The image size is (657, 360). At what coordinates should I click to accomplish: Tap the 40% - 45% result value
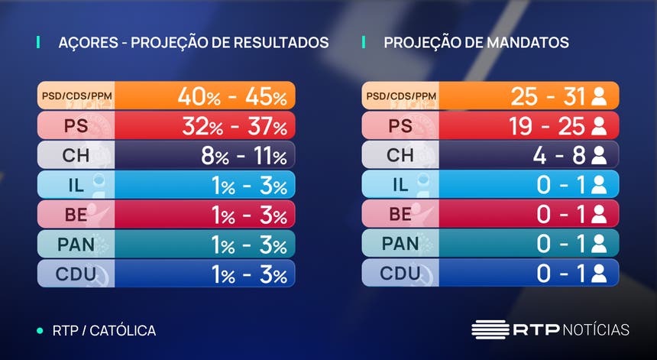click(x=231, y=96)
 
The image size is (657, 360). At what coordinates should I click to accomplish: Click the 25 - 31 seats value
click(x=548, y=96)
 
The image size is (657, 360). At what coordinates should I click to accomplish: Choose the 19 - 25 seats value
click(x=547, y=126)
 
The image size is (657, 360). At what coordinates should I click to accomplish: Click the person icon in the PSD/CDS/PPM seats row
click(x=599, y=97)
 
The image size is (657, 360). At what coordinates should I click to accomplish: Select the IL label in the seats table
click(x=400, y=185)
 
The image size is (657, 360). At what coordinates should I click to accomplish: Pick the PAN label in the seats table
click(x=400, y=244)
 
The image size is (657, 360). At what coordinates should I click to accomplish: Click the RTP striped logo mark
click(x=489, y=330)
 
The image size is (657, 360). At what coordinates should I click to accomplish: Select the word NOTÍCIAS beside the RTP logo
click(x=596, y=330)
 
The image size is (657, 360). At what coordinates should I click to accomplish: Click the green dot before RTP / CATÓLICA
click(x=40, y=331)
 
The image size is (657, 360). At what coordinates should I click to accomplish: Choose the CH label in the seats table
click(x=400, y=156)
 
